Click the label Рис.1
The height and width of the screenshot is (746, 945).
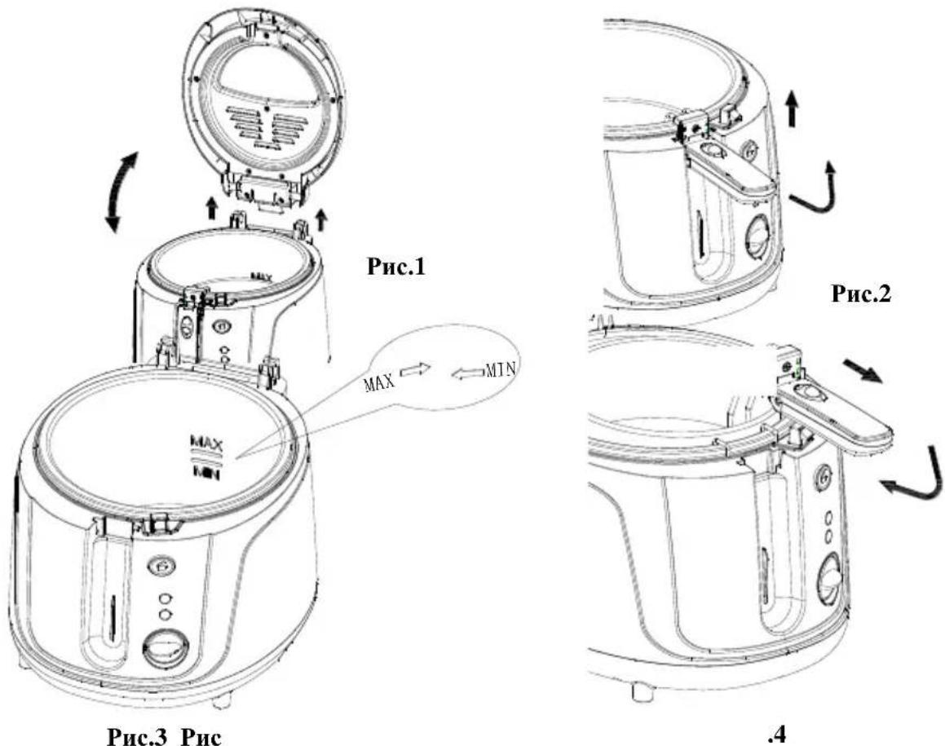click(396, 267)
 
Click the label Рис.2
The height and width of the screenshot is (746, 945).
click(861, 294)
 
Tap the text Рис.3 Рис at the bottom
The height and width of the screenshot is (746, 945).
click(165, 736)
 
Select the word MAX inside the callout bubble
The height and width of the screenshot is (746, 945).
click(379, 382)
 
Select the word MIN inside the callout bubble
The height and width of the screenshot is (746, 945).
click(501, 370)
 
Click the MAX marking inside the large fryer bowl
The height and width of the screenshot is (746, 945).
click(207, 444)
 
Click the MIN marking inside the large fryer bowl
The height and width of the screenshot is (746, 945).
click(206, 474)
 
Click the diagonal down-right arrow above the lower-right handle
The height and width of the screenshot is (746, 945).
click(862, 371)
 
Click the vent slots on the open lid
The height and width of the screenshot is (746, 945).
click(267, 125)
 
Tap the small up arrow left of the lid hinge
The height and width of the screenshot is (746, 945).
click(211, 209)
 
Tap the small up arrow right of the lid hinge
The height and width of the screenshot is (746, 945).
click(321, 219)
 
